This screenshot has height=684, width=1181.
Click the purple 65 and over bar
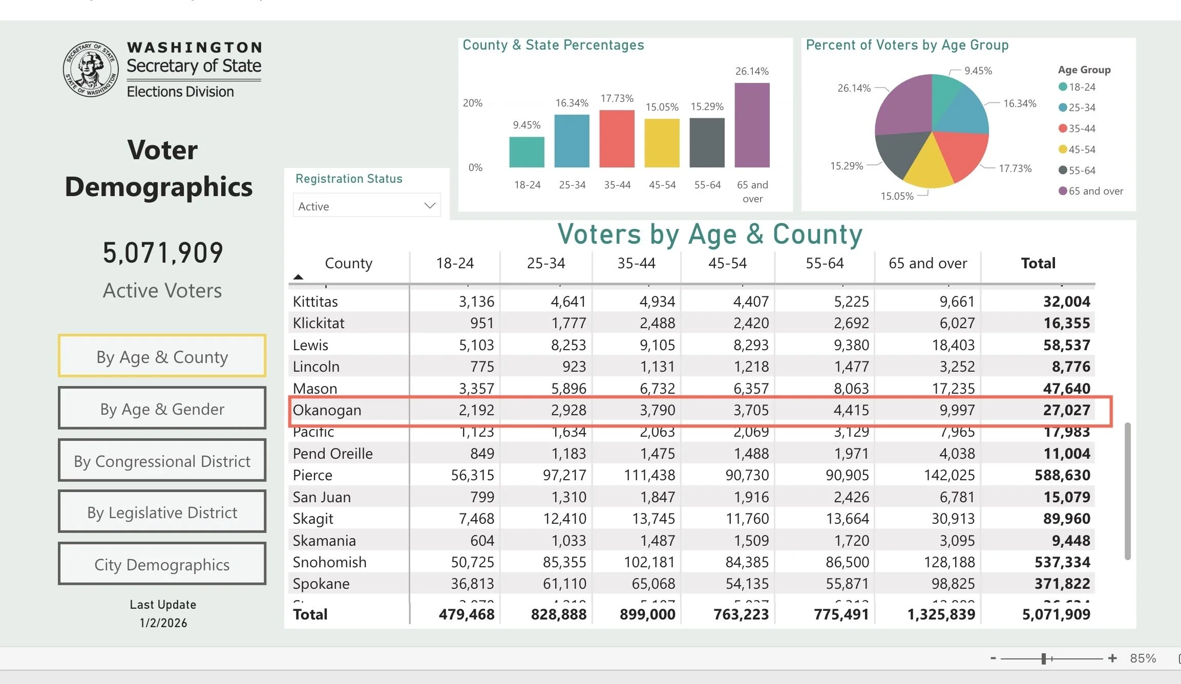click(x=752, y=125)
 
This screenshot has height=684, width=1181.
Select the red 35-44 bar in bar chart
click(x=617, y=139)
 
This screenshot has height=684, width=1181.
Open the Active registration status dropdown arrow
click(x=430, y=206)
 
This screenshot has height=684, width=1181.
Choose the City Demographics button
click(x=162, y=564)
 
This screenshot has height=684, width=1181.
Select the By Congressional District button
click(x=162, y=461)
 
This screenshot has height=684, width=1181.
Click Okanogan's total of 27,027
click(x=1066, y=410)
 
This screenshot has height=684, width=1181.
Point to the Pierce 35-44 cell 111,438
click(x=649, y=475)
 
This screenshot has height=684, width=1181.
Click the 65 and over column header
click(x=927, y=263)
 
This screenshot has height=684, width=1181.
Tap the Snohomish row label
click(x=329, y=562)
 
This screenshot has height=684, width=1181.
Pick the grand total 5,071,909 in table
click(x=1056, y=614)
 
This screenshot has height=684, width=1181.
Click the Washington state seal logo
click(x=91, y=69)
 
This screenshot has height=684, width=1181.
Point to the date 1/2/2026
click(x=163, y=623)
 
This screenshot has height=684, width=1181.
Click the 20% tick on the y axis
click(x=472, y=103)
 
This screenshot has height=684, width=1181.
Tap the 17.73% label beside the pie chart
click(x=1015, y=168)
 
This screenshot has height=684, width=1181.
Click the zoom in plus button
click(x=1112, y=658)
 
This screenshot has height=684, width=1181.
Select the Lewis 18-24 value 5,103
click(x=476, y=345)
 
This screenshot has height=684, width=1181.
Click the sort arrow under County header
click(x=298, y=277)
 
